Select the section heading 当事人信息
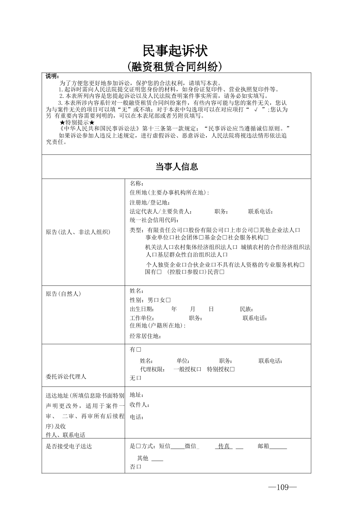[x=176, y=167]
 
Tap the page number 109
[x=283, y=487]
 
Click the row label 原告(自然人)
[x=63, y=294]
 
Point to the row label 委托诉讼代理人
[x=66, y=377]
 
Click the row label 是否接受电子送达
[x=69, y=446]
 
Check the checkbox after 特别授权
[x=232, y=370]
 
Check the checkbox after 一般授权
[x=199, y=370]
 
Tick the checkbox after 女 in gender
[x=168, y=300]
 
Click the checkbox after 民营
[x=221, y=272]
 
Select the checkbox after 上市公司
[x=256, y=230]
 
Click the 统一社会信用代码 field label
[x=154, y=220]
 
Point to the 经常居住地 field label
[x=145, y=336]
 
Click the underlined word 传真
[x=224, y=446]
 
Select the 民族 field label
[x=247, y=309]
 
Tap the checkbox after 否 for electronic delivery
[x=139, y=467]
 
